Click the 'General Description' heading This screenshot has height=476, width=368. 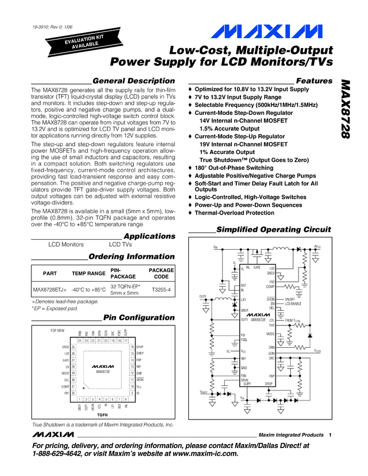click(134, 81)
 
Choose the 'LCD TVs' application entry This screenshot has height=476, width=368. click(120, 245)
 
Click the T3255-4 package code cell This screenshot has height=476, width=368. click(161, 290)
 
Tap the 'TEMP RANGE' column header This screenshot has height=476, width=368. click(89, 273)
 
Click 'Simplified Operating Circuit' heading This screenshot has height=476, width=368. click(273, 230)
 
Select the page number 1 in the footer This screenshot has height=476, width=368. click(331, 435)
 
